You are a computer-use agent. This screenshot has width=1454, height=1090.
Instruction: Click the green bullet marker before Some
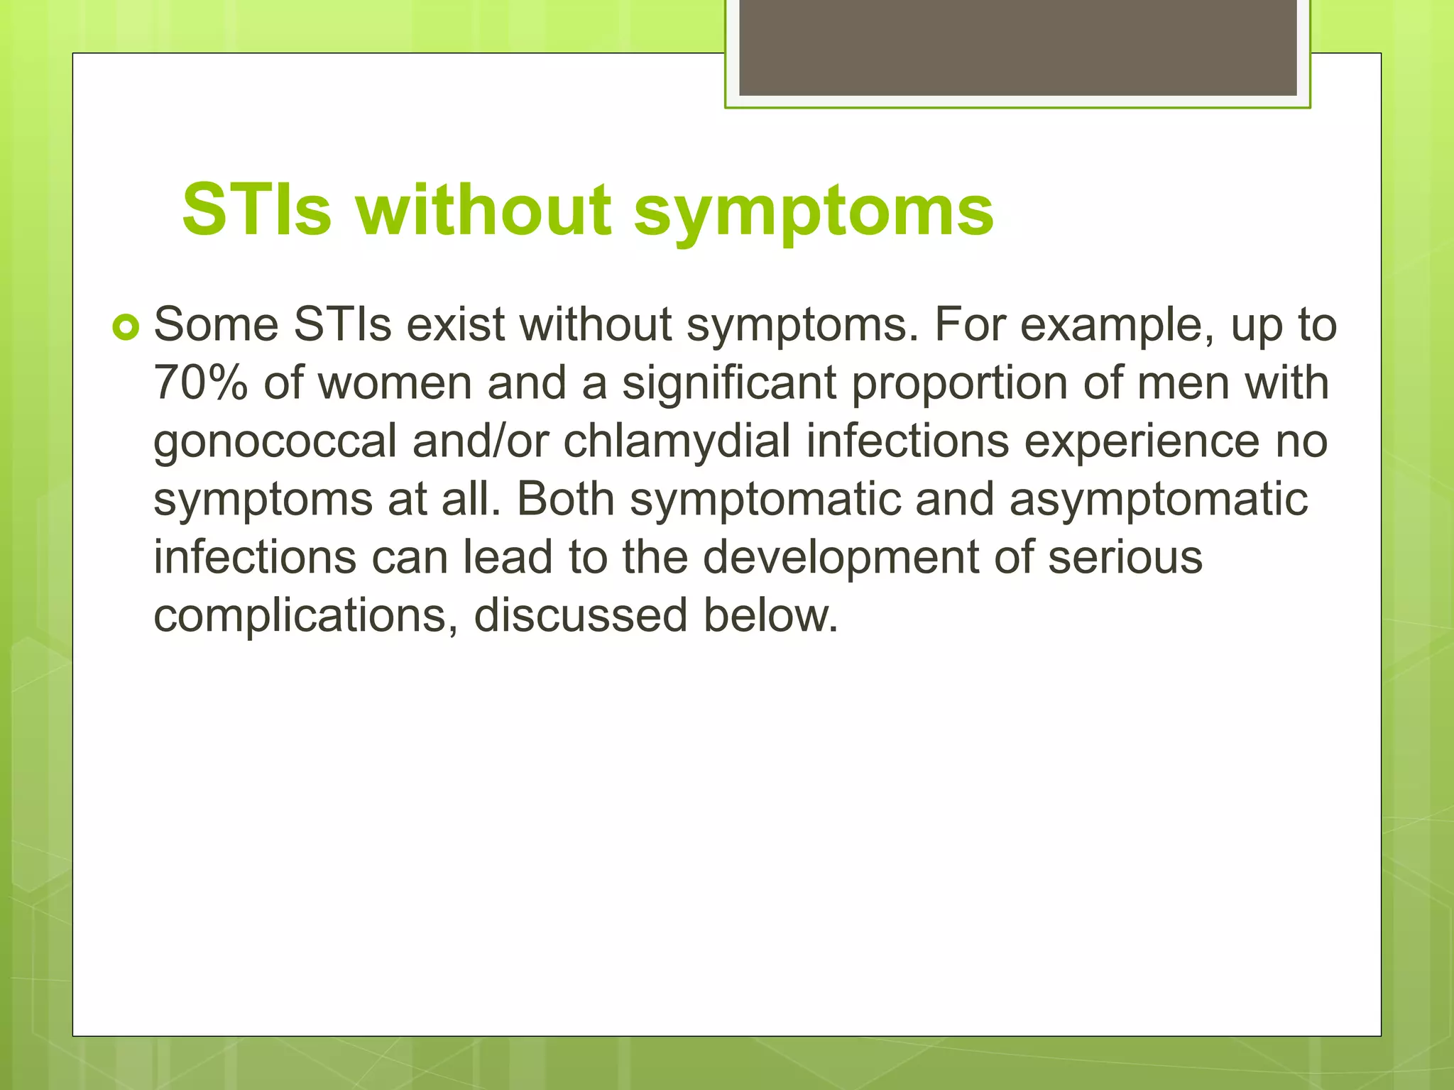pos(126,328)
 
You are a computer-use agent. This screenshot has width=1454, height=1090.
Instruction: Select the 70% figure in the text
pos(201,383)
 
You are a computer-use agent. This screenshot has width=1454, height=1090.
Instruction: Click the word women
pos(394,383)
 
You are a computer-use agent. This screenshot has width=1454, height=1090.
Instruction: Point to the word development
pos(841,558)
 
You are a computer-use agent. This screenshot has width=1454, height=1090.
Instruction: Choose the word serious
pos(1125,558)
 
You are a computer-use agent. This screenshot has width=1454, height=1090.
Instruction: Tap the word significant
pos(729,383)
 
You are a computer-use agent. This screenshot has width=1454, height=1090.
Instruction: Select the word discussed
pos(580,615)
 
